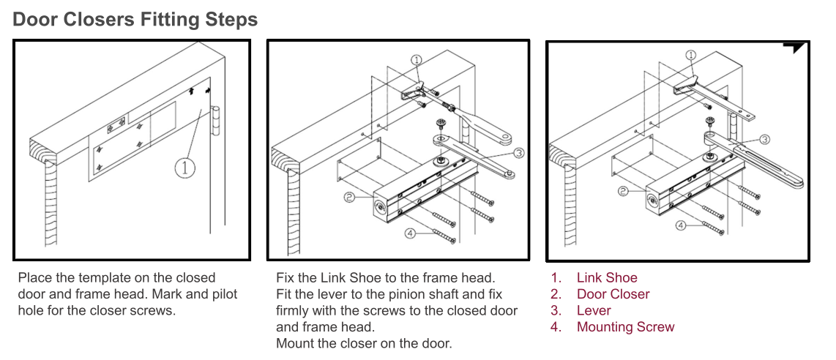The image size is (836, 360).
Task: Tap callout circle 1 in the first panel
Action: (185, 168)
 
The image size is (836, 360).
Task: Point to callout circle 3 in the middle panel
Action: (518, 153)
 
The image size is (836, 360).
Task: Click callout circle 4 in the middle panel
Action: (411, 233)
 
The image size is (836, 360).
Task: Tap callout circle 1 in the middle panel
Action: (416, 60)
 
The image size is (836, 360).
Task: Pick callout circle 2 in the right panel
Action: (623, 192)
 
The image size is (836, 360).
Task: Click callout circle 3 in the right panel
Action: (764, 139)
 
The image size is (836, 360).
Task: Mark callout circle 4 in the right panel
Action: (681, 225)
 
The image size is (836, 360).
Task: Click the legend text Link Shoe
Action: (607, 278)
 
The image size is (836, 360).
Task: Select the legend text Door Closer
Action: (613, 294)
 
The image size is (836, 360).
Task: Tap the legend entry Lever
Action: (594, 311)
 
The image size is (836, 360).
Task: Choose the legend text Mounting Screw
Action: (625, 327)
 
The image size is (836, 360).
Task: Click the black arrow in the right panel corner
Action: (795, 47)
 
